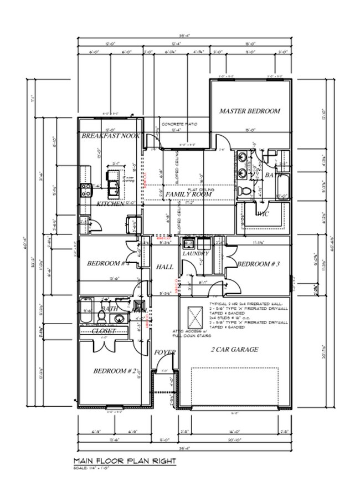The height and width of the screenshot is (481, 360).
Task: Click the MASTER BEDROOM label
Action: point(249,111)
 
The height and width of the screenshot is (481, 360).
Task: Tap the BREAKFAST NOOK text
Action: point(110,136)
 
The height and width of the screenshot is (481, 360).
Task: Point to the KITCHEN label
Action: point(111,204)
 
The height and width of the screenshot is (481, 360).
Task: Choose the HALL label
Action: point(164,267)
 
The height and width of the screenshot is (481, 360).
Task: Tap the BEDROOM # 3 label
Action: point(256,264)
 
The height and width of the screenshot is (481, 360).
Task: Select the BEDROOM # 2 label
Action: point(113,371)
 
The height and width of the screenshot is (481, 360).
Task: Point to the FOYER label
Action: point(165,352)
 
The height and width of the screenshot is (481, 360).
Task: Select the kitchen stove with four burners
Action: point(86,191)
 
